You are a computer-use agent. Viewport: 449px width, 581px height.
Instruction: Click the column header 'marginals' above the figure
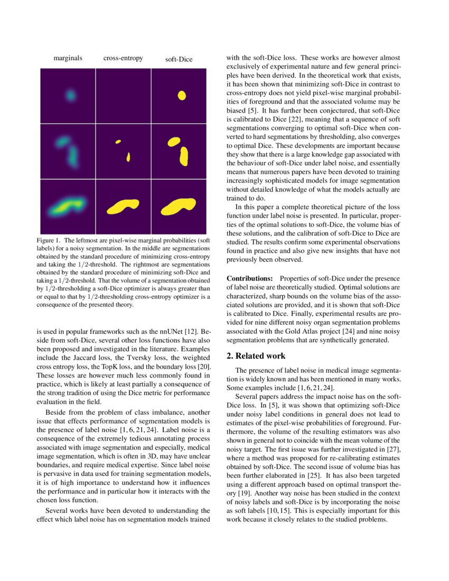[x=68, y=59]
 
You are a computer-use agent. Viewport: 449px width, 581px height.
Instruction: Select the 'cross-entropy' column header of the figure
[x=123, y=59]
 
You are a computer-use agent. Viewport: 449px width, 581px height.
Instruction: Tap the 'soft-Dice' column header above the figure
[x=179, y=60]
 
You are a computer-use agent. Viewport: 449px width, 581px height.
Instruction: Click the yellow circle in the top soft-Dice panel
[x=182, y=96]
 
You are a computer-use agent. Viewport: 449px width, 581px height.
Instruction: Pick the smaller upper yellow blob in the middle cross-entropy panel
[x=118, y=142]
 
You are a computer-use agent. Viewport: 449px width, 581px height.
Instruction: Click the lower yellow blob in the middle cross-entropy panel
[x=128, y=157]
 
